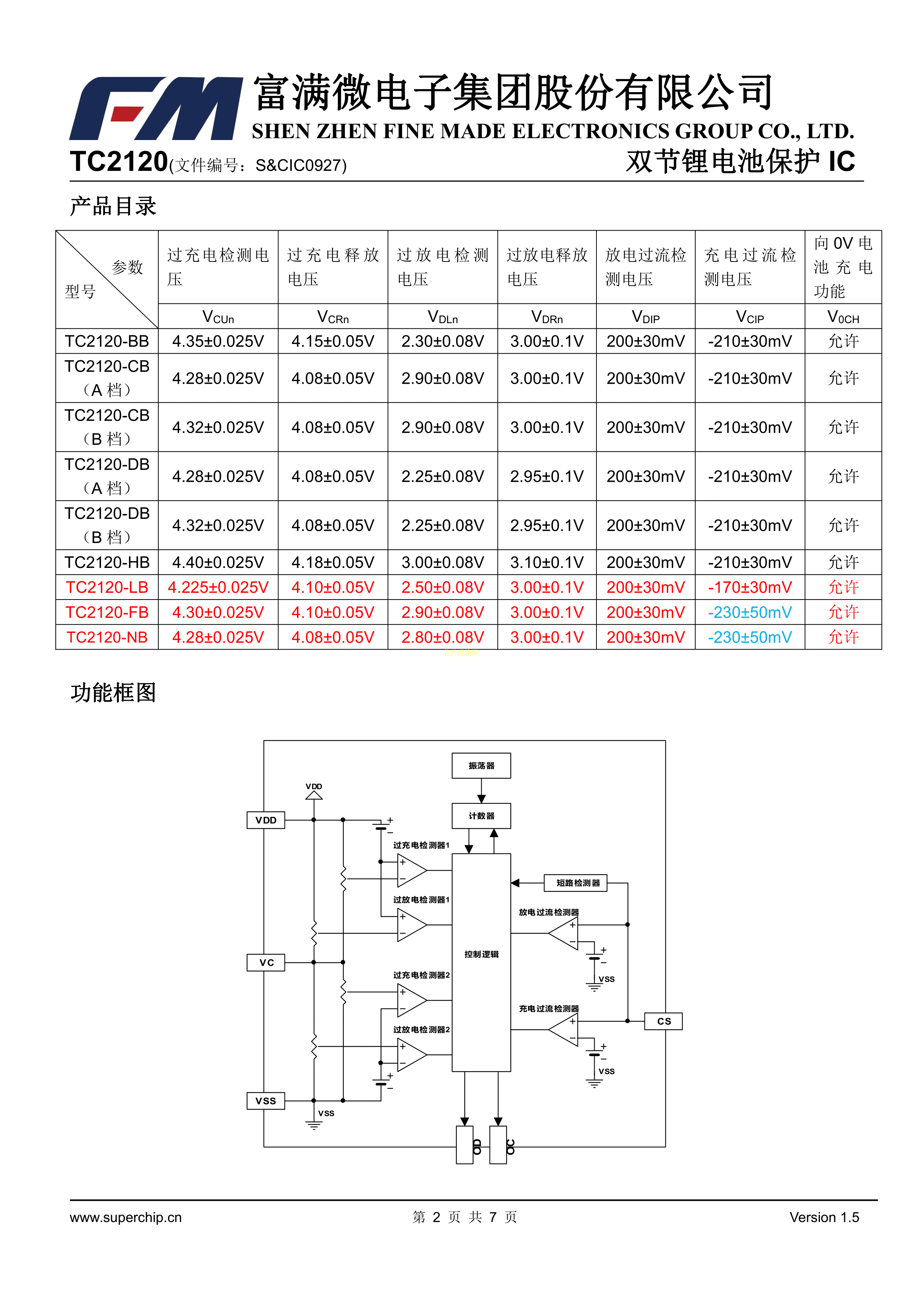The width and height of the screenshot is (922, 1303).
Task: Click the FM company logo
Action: (156, 108)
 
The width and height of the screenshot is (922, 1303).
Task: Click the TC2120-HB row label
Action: (107, 562)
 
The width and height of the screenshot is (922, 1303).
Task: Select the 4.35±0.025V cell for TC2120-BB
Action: (218, 341)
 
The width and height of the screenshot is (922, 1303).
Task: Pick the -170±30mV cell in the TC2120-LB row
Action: (750, 587)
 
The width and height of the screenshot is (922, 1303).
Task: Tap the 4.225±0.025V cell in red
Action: (218, 587)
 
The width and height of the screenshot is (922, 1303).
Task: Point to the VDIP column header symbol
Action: (646, 317)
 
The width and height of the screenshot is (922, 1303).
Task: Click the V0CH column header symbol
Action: (843, 317)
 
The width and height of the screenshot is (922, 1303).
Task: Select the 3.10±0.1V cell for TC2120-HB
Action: (547, 562)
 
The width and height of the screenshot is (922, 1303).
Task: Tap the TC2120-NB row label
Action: (107, 637)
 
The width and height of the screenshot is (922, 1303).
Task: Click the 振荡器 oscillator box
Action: (481, 766)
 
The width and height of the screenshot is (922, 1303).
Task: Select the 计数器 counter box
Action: (481, 816)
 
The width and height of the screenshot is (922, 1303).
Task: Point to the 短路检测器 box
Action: (575, 883)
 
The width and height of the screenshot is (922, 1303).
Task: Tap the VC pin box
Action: (266, 962)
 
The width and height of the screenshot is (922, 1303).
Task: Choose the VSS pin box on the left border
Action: (266, 1101)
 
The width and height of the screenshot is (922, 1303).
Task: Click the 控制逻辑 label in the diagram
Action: (481, 954)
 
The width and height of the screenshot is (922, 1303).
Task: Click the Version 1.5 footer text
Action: (824, 1217)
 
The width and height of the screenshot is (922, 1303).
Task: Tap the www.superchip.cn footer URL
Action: (126, 1217)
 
